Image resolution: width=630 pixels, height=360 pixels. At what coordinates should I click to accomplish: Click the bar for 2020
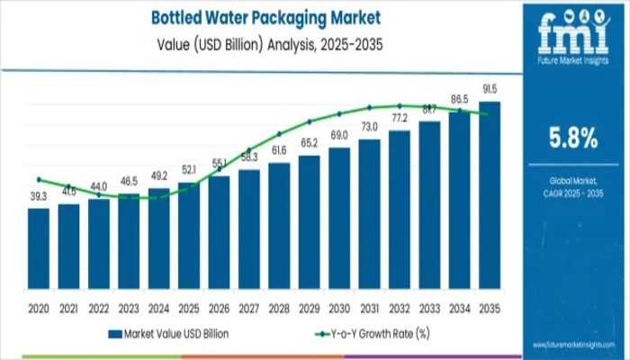pyautogui.click(x=39, y=247)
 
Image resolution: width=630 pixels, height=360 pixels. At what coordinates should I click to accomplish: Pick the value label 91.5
pyautogui.click(x=490, y=90)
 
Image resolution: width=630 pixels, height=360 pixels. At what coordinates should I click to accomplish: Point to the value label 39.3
pyautogui.click(x=39, y=197)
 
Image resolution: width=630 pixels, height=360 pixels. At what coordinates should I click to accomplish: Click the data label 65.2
pyautogui.click(x=309, y=143)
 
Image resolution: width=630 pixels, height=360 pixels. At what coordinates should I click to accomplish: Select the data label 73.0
pyautogui.click(x=369, y=126)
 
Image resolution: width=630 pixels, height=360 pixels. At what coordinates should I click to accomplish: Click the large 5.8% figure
pyautogui.click(x=573, y=138)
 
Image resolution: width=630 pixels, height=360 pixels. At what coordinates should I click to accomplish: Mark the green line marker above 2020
pyautogui.click(x=39, y=179)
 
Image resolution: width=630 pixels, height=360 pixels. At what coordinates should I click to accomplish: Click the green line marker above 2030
pyautogui.click(x=339, y=114)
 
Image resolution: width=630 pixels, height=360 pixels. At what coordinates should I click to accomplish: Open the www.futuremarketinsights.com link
pyautogui.click(x=571, y=346)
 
